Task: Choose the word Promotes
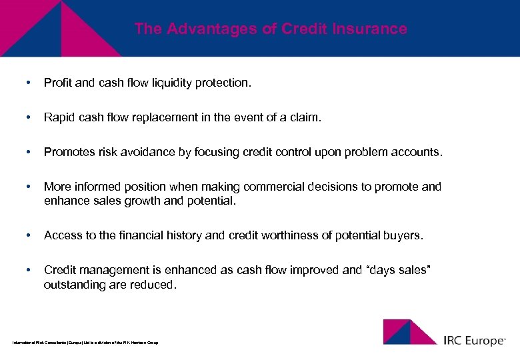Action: click(67, 152)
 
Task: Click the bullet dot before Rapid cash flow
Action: click(27, 117)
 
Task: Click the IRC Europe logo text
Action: click(475, 340)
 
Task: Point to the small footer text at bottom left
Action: click(85, 342)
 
